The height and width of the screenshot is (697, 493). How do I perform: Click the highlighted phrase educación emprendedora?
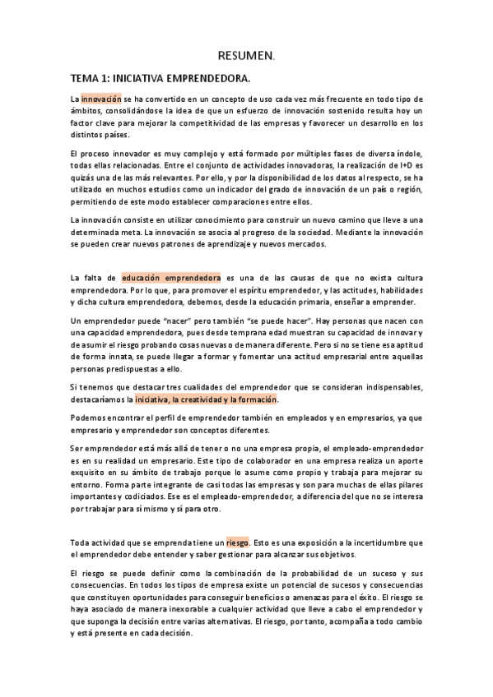(170, 278)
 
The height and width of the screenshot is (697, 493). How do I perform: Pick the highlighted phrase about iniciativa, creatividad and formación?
(207, 399)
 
